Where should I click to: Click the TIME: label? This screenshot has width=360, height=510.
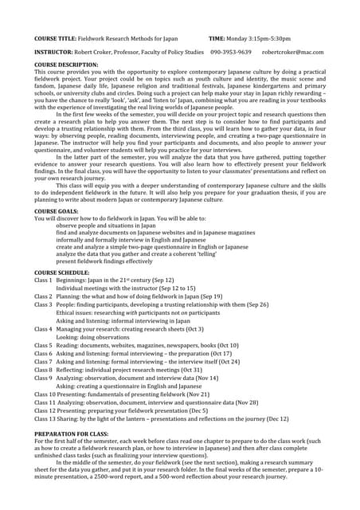click(218, 37)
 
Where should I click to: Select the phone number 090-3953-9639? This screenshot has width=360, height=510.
click(230, 52)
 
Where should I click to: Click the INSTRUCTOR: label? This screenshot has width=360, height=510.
click(53, 52)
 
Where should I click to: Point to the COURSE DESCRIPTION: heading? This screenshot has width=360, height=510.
click(66, 64)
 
